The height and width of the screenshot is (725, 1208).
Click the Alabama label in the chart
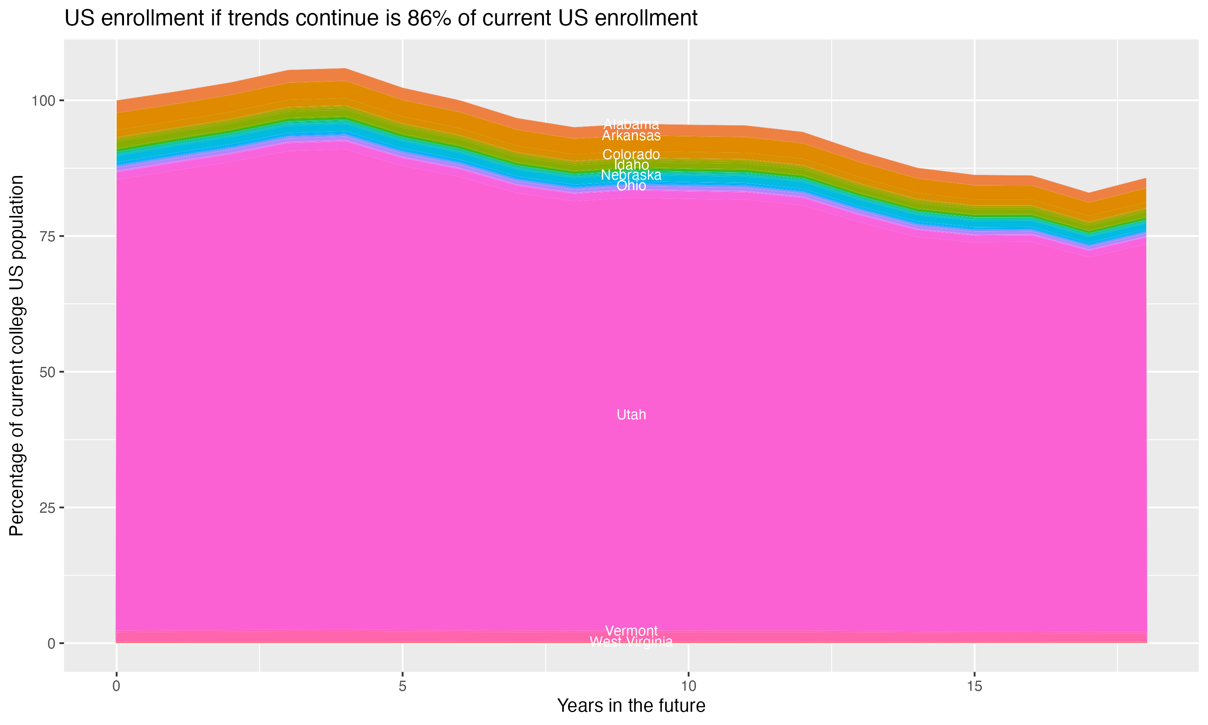pos(631,124)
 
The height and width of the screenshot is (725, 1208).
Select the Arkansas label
pos(631,136)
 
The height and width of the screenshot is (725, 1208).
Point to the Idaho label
pos(631,165)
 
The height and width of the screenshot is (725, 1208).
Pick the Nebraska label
pos(631,175)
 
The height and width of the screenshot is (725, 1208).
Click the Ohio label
pos(631,186)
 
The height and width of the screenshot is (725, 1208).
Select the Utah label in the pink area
pos(631,415)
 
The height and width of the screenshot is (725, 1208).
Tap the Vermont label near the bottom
pos(631,631)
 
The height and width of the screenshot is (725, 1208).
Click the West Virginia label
pos(631,642)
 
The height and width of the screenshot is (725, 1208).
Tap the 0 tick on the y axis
pos(51,643)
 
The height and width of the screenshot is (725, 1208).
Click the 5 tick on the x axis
pos(402,686)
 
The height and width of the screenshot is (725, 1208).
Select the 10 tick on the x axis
pos(688,686)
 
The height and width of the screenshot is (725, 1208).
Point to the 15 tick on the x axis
pos(974,686)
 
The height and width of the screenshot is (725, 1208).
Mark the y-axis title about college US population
pos(17,356)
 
